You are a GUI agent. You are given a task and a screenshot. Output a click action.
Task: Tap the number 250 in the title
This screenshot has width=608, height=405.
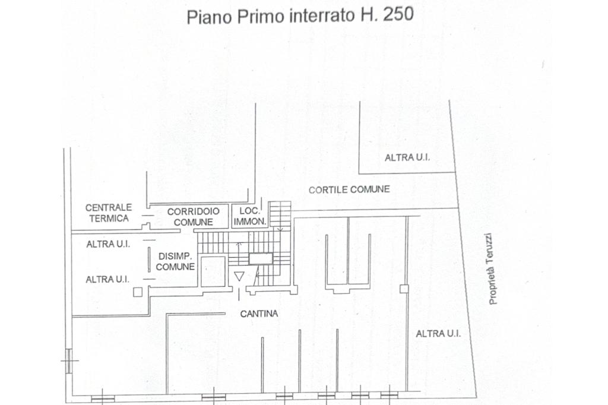tap(398, 14)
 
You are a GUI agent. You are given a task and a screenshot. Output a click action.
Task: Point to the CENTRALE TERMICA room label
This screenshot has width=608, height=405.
tap(109, 213)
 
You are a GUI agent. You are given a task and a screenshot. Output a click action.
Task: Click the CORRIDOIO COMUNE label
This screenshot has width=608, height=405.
tap(193, 217)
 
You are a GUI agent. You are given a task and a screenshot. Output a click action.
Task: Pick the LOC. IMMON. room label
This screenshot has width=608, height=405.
tap(250, 217)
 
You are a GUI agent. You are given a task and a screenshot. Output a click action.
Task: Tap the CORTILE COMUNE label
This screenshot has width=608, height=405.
tap(349, 189)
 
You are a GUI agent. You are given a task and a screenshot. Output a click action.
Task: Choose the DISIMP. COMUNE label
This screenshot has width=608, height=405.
tap(175, 261)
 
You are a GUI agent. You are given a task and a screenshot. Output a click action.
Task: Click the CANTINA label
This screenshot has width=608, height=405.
tap(259, 314)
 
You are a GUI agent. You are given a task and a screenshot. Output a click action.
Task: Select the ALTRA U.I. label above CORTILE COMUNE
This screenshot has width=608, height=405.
tap(407, 157)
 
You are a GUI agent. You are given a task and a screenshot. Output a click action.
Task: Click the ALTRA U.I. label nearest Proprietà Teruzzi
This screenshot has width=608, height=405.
tap(438, 334)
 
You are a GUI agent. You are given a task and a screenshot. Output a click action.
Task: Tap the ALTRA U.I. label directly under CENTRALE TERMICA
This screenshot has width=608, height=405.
tap(108, 245)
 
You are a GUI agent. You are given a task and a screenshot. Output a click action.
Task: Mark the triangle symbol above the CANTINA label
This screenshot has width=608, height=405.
tap(239, 276)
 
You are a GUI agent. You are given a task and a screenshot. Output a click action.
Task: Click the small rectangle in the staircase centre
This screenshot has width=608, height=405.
tap(261, 259)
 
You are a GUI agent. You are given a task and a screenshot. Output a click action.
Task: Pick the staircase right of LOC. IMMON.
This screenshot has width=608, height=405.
tap(280, 214)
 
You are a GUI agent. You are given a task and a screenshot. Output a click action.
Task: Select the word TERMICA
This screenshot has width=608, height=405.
tap(109, 219)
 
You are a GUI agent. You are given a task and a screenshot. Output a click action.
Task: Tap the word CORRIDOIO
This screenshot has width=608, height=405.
tap(193, 212)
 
